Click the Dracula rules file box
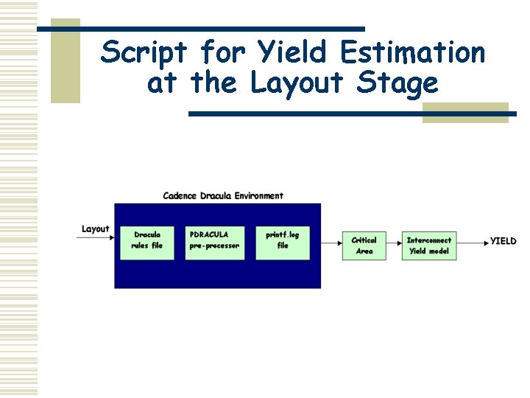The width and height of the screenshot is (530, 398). (x=147, y=241)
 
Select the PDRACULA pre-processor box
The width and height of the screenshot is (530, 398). (x=214, y=241)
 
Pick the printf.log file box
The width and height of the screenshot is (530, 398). (x=283, y=241)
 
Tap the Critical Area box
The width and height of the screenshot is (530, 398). (x=364, y=245)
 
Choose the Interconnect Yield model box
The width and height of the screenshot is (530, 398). (x=429, y=245)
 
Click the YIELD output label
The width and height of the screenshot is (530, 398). (x=504, y=241)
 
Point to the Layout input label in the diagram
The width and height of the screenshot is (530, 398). (x=95, y=229)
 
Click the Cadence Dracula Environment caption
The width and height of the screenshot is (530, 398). (x=222, y=196)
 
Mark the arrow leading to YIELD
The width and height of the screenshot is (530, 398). (x=472, y=241)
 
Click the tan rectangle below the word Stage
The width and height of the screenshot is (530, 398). (x=465, y=112)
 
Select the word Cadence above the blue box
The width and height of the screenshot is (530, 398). (x=179, y=196)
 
